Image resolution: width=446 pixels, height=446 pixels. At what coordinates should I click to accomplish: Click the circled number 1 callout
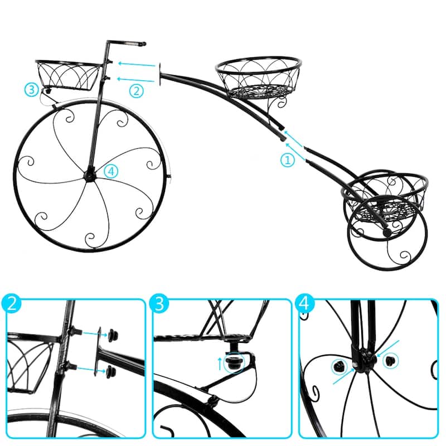coord(288,160)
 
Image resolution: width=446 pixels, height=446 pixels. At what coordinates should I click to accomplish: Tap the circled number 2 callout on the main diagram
coord(136,91)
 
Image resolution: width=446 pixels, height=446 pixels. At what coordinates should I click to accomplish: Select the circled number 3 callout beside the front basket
coord(31,89)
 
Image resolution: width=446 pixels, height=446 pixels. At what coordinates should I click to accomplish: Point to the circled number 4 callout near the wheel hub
coord(110,171)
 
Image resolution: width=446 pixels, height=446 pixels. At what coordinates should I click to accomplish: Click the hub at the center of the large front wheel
coord(90,175)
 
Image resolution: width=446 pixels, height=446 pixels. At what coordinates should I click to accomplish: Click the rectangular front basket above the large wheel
coord(68,75)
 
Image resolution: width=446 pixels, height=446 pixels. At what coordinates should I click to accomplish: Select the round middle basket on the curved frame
coord(258,77)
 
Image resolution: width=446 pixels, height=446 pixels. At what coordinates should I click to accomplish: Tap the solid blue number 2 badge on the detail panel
coord(11,303)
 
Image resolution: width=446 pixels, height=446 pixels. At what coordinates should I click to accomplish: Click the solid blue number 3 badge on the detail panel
coord(159,303)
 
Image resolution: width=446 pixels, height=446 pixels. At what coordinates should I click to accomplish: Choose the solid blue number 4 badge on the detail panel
coord(304,303)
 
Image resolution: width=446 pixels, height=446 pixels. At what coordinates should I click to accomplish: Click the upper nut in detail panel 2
coord(113,335)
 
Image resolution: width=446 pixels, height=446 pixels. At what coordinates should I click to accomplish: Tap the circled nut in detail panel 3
coord(234,363)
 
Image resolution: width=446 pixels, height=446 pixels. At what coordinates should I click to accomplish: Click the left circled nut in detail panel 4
coord(340,366)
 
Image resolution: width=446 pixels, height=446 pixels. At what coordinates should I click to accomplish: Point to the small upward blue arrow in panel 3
coord(220,364)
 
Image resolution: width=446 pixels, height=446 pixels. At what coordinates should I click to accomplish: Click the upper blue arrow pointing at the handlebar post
coord(137,64)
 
